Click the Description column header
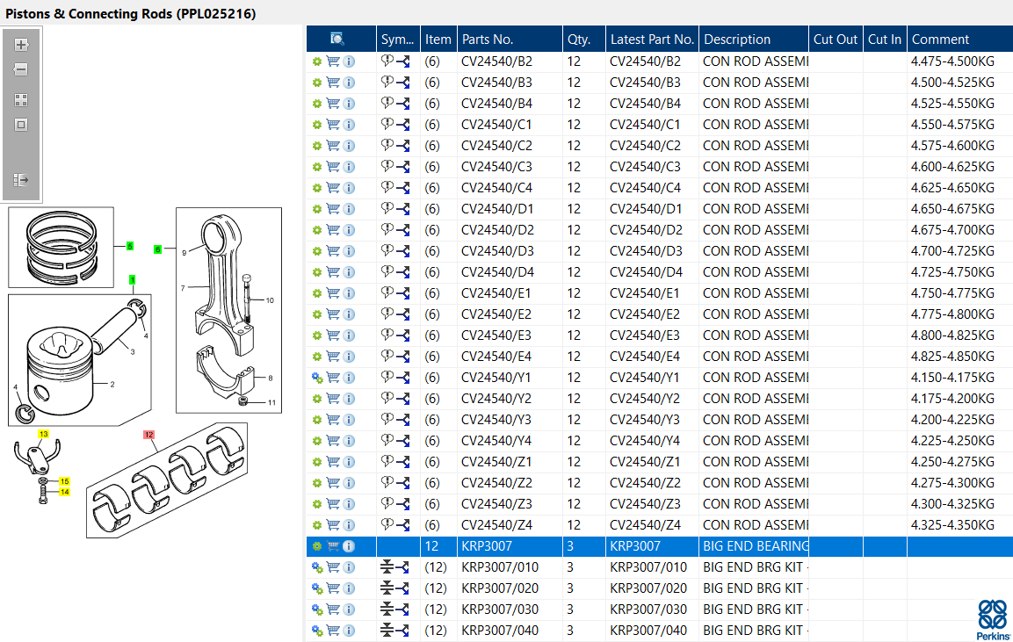pyautogui.click(x=736, y=40)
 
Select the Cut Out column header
pyautogui.click(x=835, y=40)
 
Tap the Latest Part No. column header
pyautogui.click(x=652, y=40)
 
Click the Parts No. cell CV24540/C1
pyautogui.click(x=496, y=125)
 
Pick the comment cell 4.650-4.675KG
pyautogui.click(x=952, y=209)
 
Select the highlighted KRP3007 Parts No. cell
pyautogui.click(x=487, y=545)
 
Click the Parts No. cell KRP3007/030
pyautogui.click(x=499, y=609)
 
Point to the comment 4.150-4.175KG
pyautogui.click(x=952, y=377)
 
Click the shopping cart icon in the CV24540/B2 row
pyautogui.click(x=333, y=61)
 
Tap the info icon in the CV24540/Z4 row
pyautogui.click(x=349, y=525)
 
